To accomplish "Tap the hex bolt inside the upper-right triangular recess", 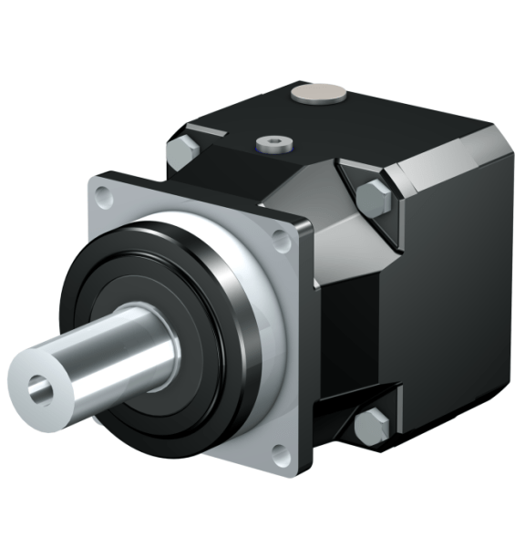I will click(x=374, y=197).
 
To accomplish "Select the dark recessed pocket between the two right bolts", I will click(x=360, y=319).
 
